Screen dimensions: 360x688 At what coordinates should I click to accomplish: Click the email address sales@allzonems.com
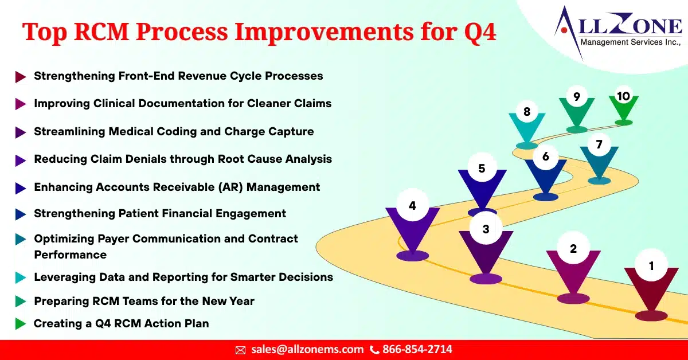point(307,349)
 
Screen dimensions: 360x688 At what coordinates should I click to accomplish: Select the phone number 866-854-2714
point(417,349)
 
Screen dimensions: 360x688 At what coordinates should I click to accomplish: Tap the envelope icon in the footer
point(241,350)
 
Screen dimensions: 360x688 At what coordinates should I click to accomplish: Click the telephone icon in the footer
point(374,350)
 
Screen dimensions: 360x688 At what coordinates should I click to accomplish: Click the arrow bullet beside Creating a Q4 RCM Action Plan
point(21,324)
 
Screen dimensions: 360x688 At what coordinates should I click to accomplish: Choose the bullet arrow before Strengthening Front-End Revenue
point(21,76)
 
